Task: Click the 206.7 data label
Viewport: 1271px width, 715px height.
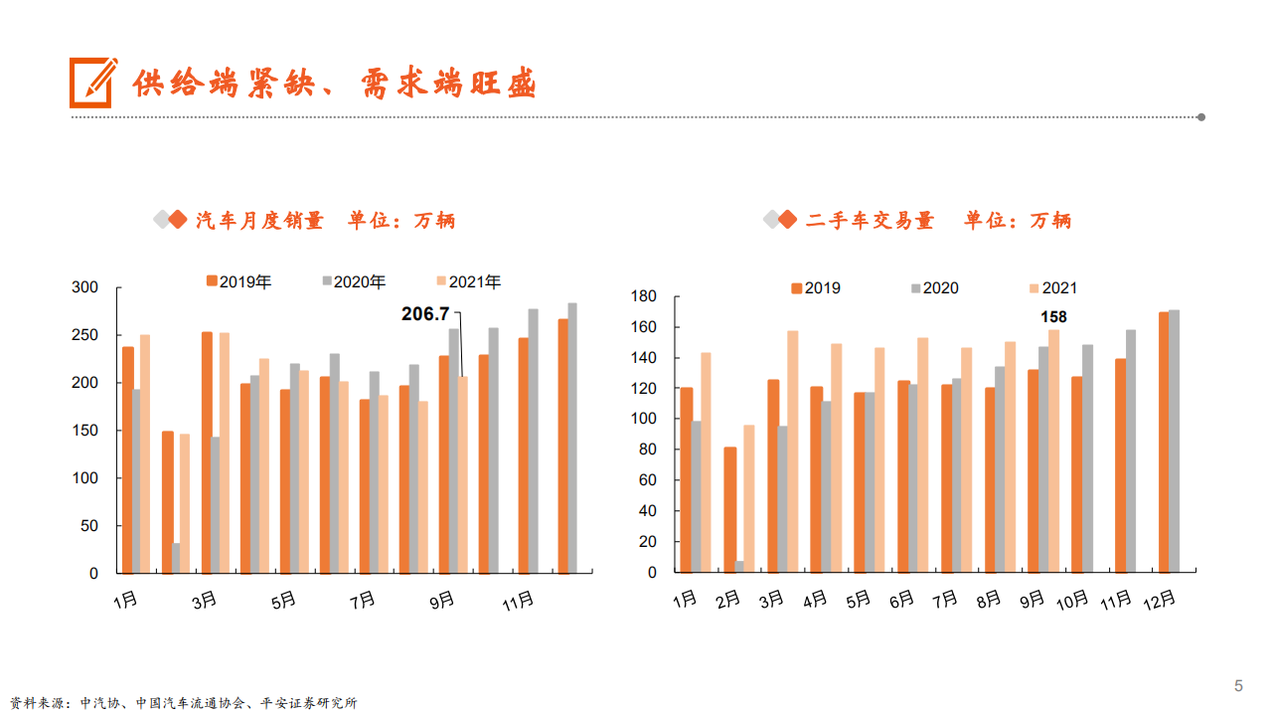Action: coord(425,314)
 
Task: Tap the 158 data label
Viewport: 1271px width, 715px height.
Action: coord(1053,317)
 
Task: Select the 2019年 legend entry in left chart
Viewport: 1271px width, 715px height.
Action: coord(238,282)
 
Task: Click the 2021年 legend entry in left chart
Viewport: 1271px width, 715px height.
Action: coord(468,282)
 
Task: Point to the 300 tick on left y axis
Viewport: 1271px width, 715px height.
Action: coord(85,287)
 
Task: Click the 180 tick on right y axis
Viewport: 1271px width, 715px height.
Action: coord(644,296)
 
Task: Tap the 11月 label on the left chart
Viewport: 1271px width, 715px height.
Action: coord(518,601)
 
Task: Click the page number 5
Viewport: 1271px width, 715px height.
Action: coord(1238,685)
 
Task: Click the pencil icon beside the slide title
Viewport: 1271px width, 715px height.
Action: coord(92,82)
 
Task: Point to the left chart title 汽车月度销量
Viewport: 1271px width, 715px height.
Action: coord(260,221)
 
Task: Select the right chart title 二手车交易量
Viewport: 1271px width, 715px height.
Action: coord(871,221)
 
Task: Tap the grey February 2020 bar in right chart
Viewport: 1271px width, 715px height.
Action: coord(739,567)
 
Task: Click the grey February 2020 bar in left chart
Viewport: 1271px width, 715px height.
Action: coord(176,558)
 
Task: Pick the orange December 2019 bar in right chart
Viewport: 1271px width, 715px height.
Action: coord(1163,443)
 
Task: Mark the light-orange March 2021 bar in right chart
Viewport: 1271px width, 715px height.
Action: coord(792,451)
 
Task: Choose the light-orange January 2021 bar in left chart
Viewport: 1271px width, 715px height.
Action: coord(145,453)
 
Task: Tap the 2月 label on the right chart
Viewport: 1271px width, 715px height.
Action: coord(728,600)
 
